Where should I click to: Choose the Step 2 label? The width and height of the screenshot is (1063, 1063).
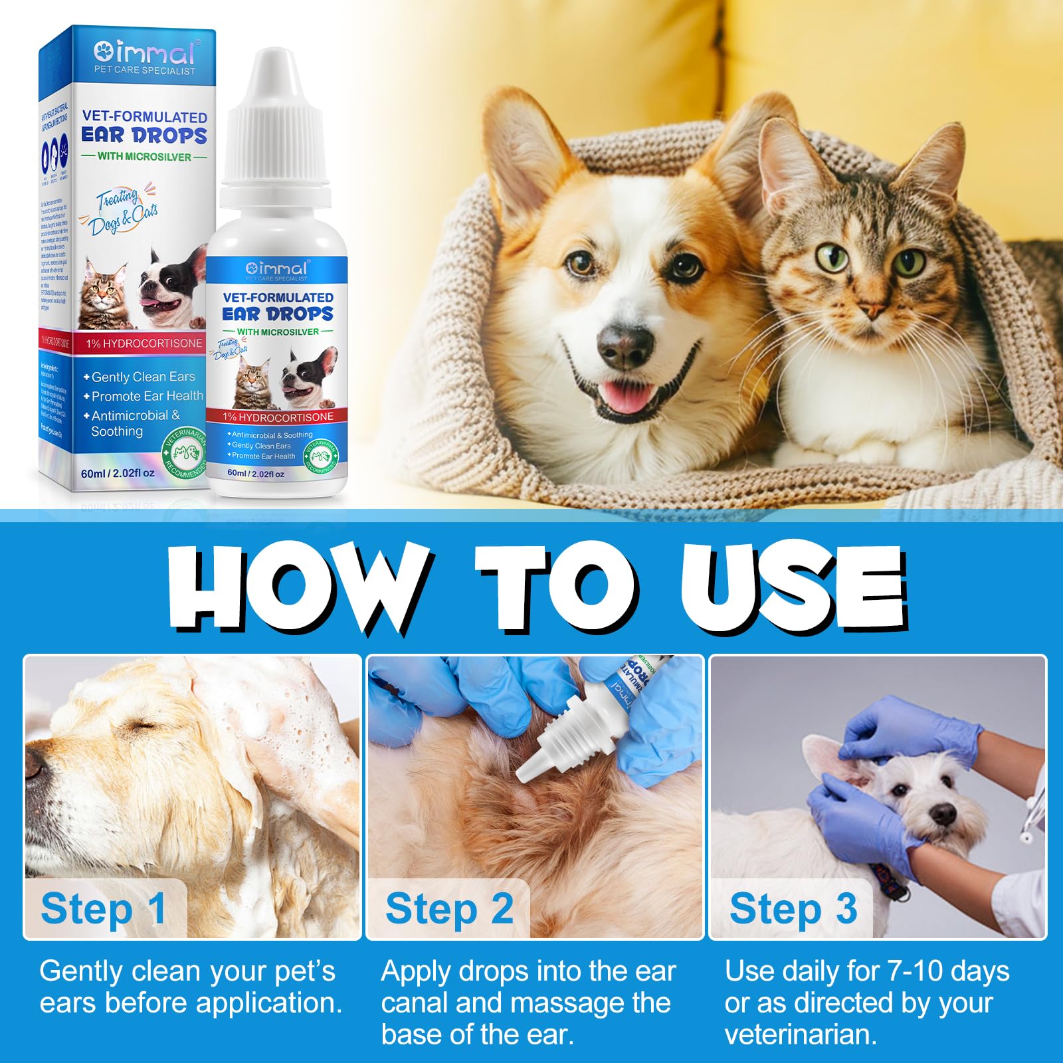(x=449, y=908)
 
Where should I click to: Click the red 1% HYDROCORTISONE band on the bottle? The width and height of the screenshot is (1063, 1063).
(x=278, y=417)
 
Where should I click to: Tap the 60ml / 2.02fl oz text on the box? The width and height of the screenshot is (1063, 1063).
(x=118, y=473)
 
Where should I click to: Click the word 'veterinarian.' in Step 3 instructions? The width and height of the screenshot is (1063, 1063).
(x=801, y=1034)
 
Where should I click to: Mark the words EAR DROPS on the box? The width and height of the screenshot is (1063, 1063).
(x=144, y=136)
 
